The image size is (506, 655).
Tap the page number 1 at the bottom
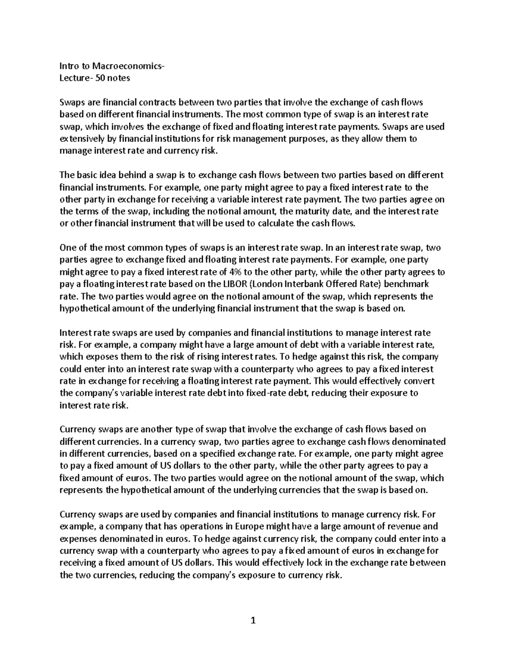tap(253, 620)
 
